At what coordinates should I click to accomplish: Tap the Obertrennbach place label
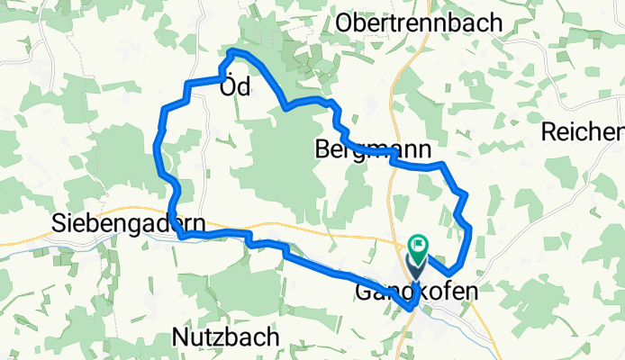[418, 24]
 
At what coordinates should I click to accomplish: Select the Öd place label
[236, 87]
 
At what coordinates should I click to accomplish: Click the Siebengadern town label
[128, 222]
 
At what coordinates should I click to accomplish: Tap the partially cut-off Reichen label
[583, 131]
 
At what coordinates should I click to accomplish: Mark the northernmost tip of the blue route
[232, 49]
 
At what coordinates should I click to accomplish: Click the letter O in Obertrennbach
[345, 24]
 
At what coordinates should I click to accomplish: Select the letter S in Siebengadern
[59, 222]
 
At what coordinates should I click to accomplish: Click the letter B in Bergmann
[323, 149]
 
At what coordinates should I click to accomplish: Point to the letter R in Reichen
[549, 131]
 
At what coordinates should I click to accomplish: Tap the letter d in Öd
[244, 87]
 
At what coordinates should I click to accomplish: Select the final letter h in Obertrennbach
[495, 24]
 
